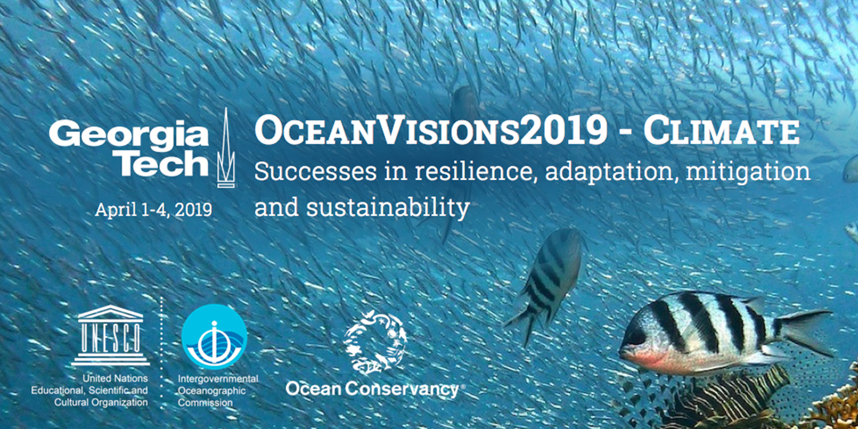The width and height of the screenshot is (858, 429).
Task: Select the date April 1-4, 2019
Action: [153, 209]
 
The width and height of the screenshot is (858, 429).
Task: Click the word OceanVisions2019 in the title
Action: [430, 132]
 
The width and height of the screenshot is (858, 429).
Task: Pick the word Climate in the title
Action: [721, 132]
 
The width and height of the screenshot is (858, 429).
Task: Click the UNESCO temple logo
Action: [110, 335]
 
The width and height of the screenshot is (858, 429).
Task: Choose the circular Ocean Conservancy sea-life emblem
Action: [374, 342]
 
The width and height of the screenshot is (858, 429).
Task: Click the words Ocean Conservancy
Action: [371, 389]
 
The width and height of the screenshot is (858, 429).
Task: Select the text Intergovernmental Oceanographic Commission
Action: [218, 390]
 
